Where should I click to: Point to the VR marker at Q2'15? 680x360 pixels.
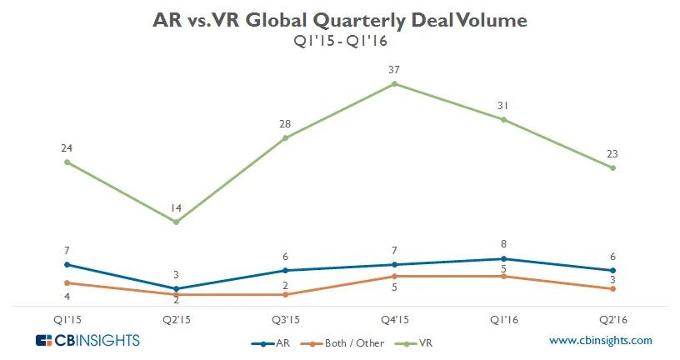pyautogui.click(x=176, y=222)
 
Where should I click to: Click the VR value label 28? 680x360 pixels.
pyautogui.click(x=285, y=124)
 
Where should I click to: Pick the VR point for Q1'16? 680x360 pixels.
pyautogui.click(x=503, y=119)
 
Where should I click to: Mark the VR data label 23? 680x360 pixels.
pyautogui.click(x=612, y=153)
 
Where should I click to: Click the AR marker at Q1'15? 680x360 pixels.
pyautogui.click(x=67, y=265)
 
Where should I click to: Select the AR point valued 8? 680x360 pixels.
pyautogui.click(x=503, y=259)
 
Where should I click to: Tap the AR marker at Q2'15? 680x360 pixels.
pyautogui.click(x=176, y=289)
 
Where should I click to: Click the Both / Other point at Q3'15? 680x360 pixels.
pyautogui.click(x=285, y=295)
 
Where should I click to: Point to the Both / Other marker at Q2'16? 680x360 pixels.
pyautogui.click(x=612, y=289)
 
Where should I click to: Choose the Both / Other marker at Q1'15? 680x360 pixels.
pyautogui.click(x=67, y=282)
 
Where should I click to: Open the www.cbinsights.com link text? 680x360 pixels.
pyautogui.click(x=601, y=341)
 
